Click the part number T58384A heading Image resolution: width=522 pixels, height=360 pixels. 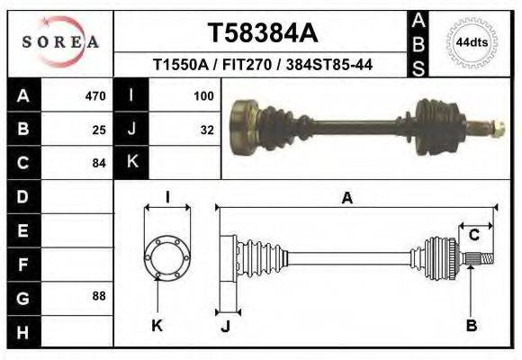pyautogui.click(x=263, y=33)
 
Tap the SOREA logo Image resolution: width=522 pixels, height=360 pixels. pyautogui.click(x=59, y=41)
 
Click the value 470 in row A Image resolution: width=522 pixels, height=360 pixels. pyautogui.click(x=94, y=95)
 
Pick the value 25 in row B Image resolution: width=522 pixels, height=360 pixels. pyautogui.click(x=99, y=129)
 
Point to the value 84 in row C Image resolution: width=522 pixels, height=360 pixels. pyautogui.click(x=99, y=163)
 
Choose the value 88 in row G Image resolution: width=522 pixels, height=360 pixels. pyautogui.click(x=99, y=296)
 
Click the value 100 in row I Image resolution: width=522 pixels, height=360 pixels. pyautogui.click(x=202, y=95)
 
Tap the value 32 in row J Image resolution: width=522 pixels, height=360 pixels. pyautogui.click(x=207, y=129)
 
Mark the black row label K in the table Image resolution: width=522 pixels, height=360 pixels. pyautogui.click(x=131, y=162)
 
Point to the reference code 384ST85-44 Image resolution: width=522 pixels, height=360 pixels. pyautogui.click(x=336, y=66)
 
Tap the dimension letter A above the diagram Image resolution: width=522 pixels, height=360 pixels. pyautogui.click(x=346, y=199)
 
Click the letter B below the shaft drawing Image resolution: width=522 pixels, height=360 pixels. pyautogui.click(x=471, y=325)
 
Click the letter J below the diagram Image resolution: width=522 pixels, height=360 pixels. pyautogui.click(x=226, y=325)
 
